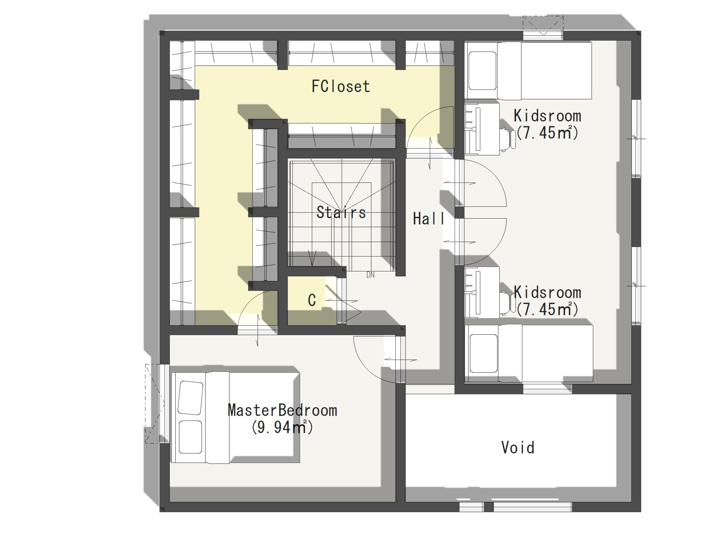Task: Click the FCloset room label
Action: pos(341,87)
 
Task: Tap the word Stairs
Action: pos(341,212)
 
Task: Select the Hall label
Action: pos(428,219)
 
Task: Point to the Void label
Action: pos(518,448)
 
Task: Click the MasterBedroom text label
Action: pos(282,411)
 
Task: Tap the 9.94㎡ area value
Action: pos(282,427)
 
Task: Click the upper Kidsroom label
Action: pos(547,116)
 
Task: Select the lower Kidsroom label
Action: pos(547,292)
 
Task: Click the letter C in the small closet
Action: pos(312,300)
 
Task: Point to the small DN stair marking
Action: pos(370,275)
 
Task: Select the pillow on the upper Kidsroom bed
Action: pos(482,70)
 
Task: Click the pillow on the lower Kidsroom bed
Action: pos(483,354)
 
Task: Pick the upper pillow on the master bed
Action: pos(190,398)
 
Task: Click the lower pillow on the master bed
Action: pos(190,437)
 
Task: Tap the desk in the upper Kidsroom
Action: pos(482,128)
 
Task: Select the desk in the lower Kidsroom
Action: pos(482,293)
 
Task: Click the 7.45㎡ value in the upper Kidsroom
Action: pos(547,133)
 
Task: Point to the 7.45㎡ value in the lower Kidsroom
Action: pos(547,309)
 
